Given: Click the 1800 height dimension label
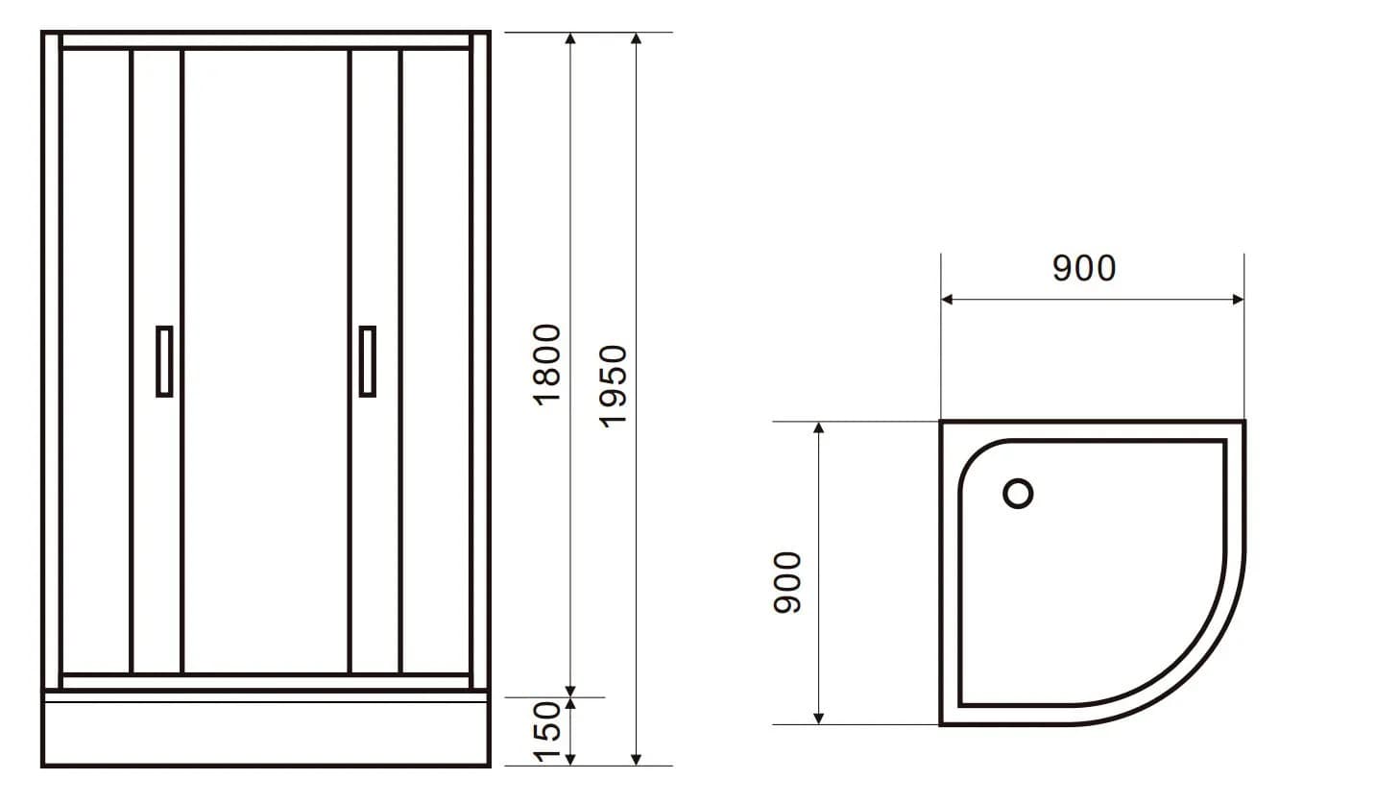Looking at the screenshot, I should coord(546,364).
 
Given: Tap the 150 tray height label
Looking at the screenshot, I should coord(546,732).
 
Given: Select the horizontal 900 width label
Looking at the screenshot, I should coord(1084,268).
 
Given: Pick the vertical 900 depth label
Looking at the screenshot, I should coord(787,582).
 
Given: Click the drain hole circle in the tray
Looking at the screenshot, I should coord(1018,494).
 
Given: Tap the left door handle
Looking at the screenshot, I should coord(164,361).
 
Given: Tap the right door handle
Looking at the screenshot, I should coord(367,361).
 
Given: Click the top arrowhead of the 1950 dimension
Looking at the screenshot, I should coord(636,39).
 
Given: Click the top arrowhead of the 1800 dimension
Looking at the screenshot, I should coord(570,39).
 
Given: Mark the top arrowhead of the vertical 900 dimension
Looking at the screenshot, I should coord(818,428).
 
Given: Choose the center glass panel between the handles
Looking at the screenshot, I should coord(265,361).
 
